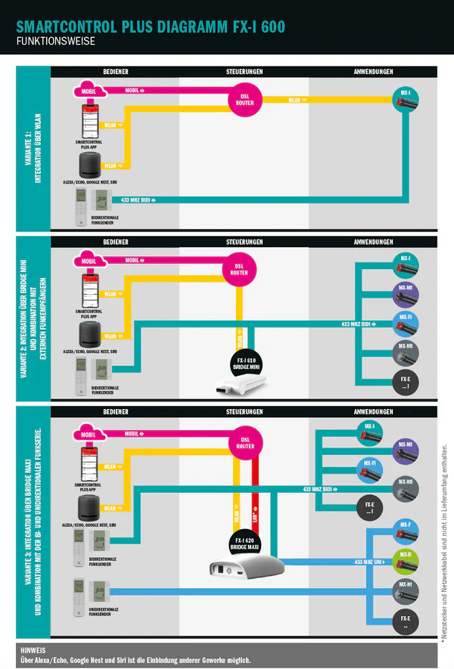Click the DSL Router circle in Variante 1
tap(244, 101)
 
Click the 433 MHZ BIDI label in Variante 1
tap(137, 200)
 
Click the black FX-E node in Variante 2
tap(406, 383)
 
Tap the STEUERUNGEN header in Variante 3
tap(244, 411)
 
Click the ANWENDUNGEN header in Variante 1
tap(373, 72)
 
